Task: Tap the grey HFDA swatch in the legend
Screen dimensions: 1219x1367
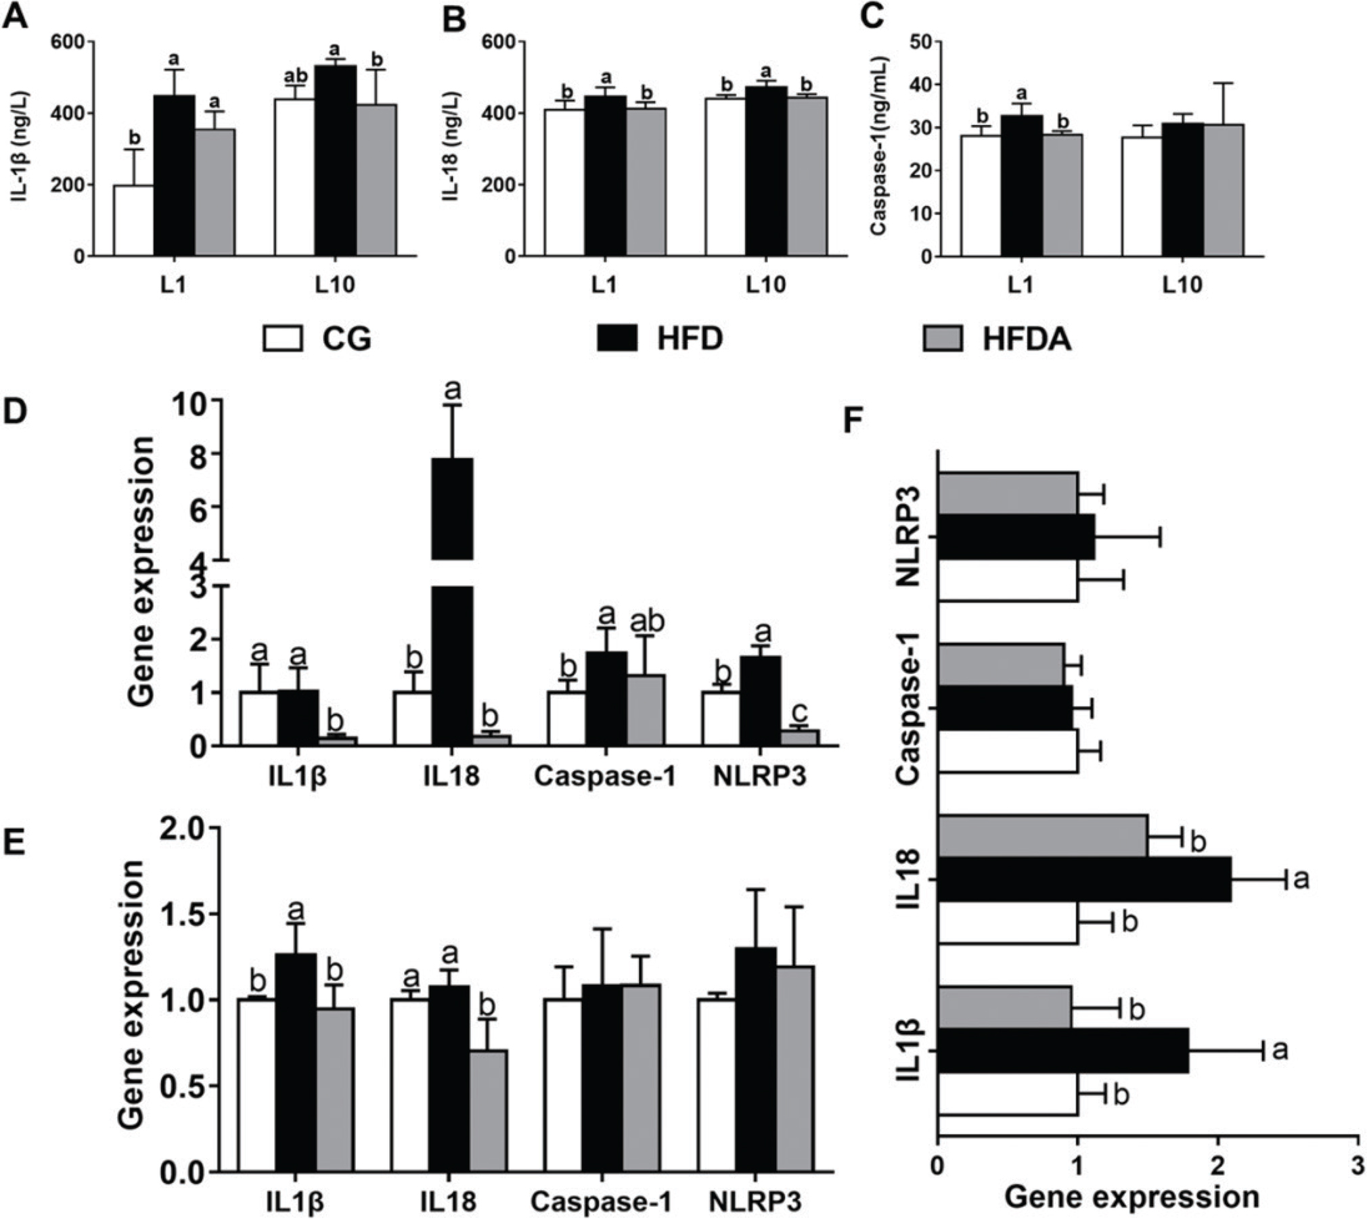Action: click(942, 338)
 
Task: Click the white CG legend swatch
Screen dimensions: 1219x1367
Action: click(282, 338)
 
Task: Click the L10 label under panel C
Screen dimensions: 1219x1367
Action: click(1182, 285)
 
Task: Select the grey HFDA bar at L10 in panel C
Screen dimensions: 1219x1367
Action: click(1224, 190)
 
